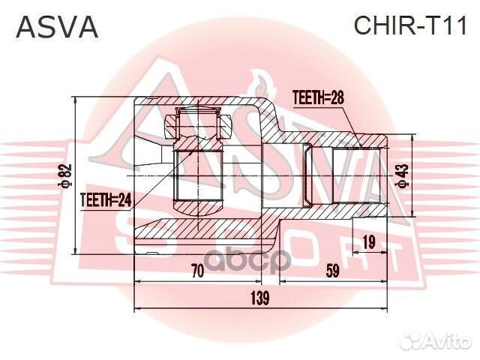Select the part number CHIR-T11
pos(409,27)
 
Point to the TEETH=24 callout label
pos(105,199)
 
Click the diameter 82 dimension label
pos(66,177)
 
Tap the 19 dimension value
pos(367,241)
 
